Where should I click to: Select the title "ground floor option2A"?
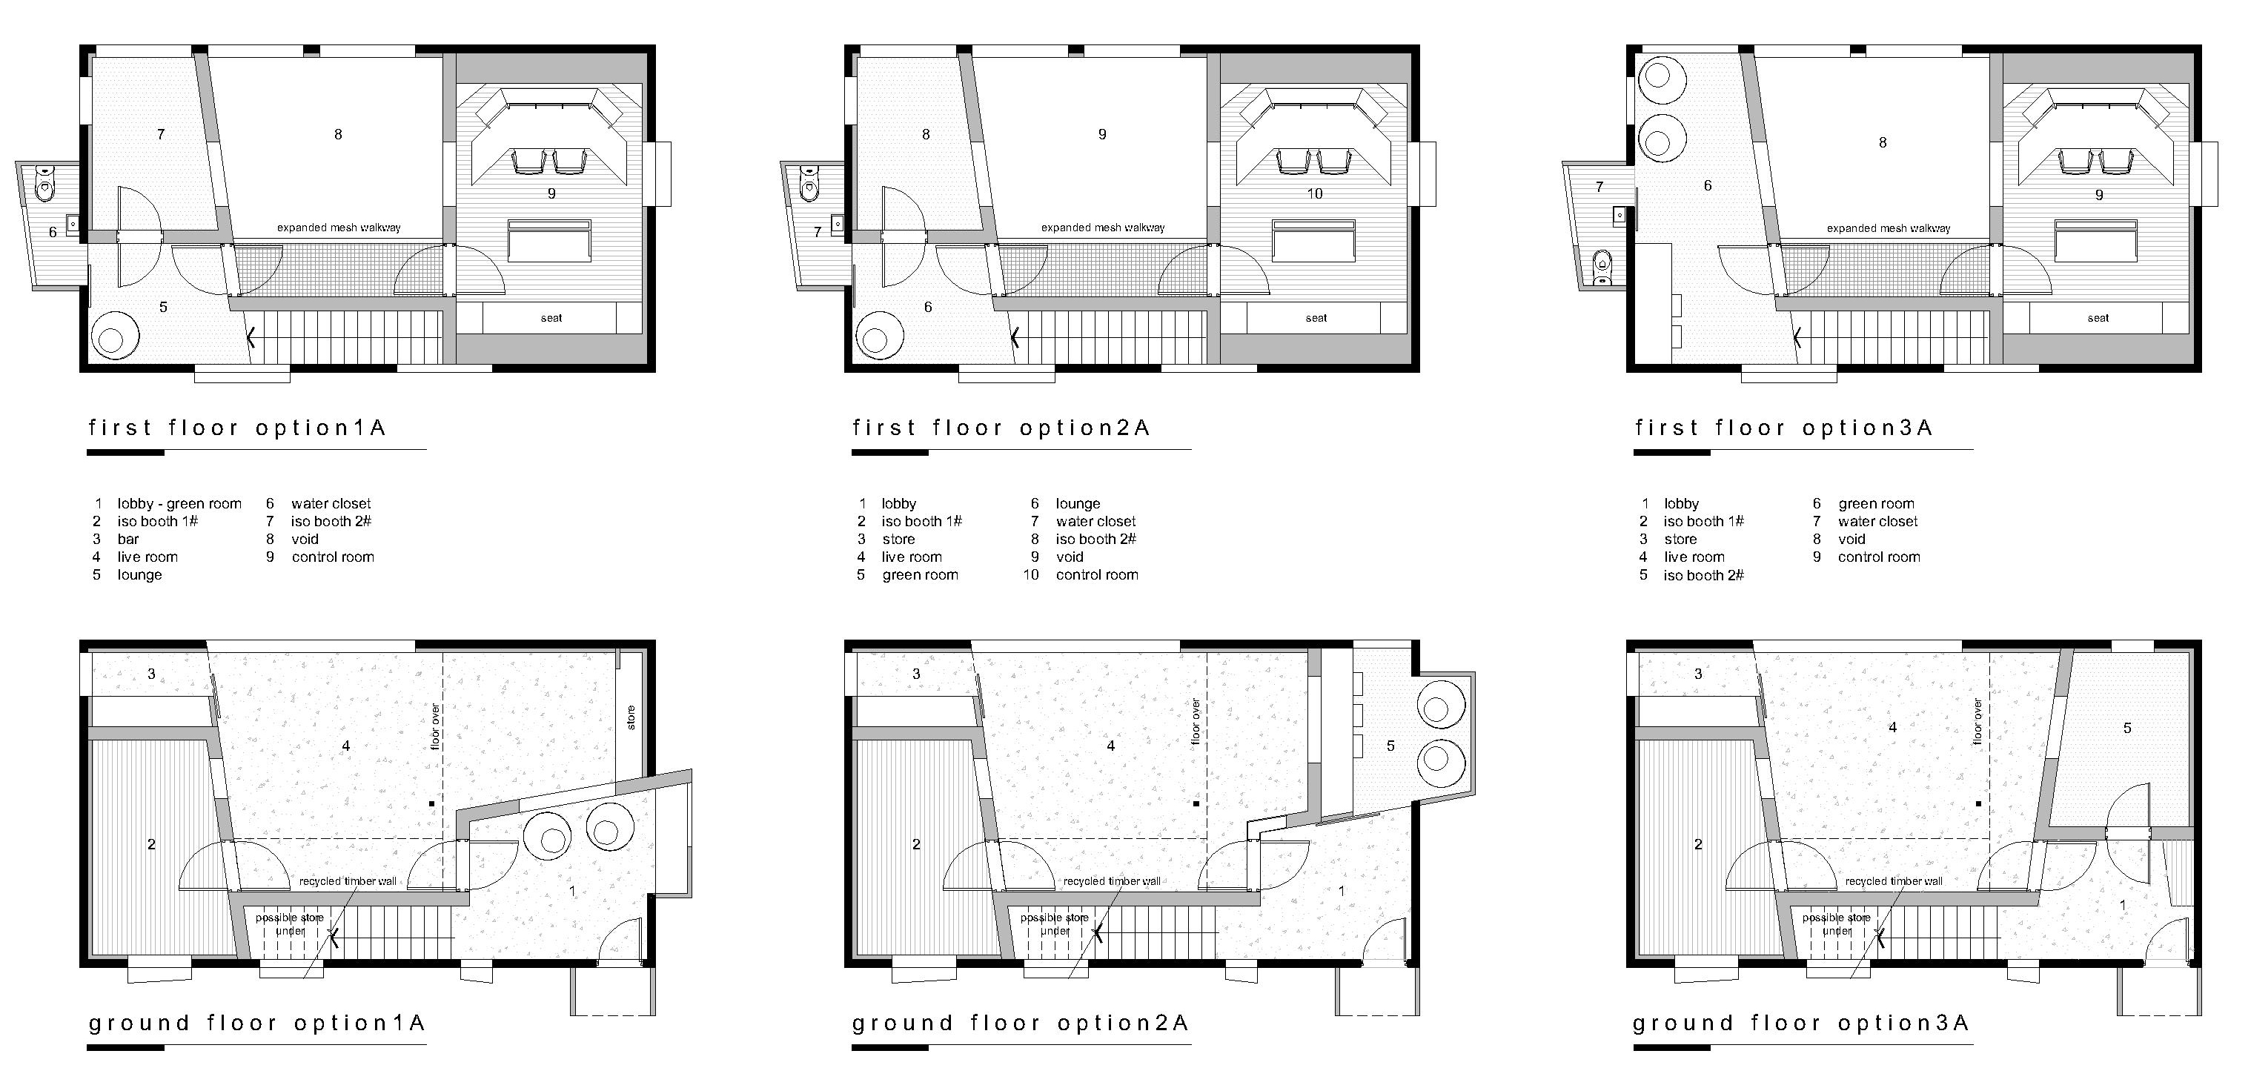(1020, 1024)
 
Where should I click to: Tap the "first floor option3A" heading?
(1783, 428)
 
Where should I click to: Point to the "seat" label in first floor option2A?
(1316, 318)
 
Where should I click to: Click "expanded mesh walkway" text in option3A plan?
(1889, 228)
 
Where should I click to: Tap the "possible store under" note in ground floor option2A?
(1054, 925)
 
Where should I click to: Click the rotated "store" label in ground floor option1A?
(631, 717)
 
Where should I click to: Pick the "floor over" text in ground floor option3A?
(1978, 721)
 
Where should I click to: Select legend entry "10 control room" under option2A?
(1081, 575)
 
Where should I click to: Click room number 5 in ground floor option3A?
(2127, 728)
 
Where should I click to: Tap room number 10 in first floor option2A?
(1314, 193)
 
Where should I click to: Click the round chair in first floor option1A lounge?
(113, 336)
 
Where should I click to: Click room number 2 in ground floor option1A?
(151, 844)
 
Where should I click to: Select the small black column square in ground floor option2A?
(1196, 803)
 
